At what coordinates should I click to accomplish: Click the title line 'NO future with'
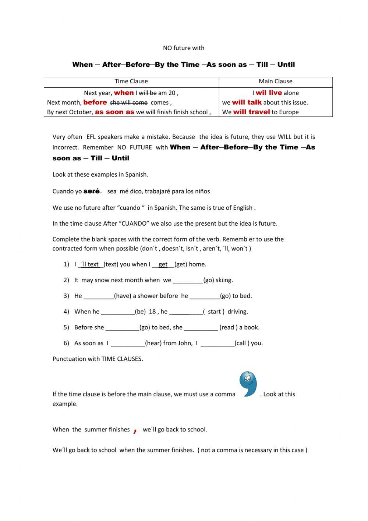(x=184, y=48)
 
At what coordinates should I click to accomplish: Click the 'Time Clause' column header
(x=131, y=81)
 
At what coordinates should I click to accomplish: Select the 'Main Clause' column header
(x=275, y=81)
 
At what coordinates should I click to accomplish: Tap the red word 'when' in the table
(x=124, y=93)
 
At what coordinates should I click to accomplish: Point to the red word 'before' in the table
(x=95, y=103)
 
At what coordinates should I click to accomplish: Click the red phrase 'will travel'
(x=251, y=112)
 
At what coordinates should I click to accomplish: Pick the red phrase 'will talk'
(x=247, y=103)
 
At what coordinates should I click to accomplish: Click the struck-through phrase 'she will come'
(x=129, y=103)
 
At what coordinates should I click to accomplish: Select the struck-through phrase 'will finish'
(x=159, y=112)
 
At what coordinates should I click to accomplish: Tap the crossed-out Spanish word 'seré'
(x=92, y=191)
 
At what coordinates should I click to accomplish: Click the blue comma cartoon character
(x=248, y=384)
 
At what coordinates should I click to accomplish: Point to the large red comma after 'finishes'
(x=135, y=430)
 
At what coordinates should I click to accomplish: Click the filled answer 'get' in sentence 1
(x=163, y=264)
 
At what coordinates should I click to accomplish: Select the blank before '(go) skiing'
(x=188, y=281)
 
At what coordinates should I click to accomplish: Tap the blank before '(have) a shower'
(x=99, y=296)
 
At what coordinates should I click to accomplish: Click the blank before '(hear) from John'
(x=128, y=344)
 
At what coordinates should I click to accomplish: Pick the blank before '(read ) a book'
(x=201, y=328)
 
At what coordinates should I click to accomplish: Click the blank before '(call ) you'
(x=217, y=344)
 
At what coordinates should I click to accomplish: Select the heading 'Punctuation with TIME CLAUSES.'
(x=98, y=359)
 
